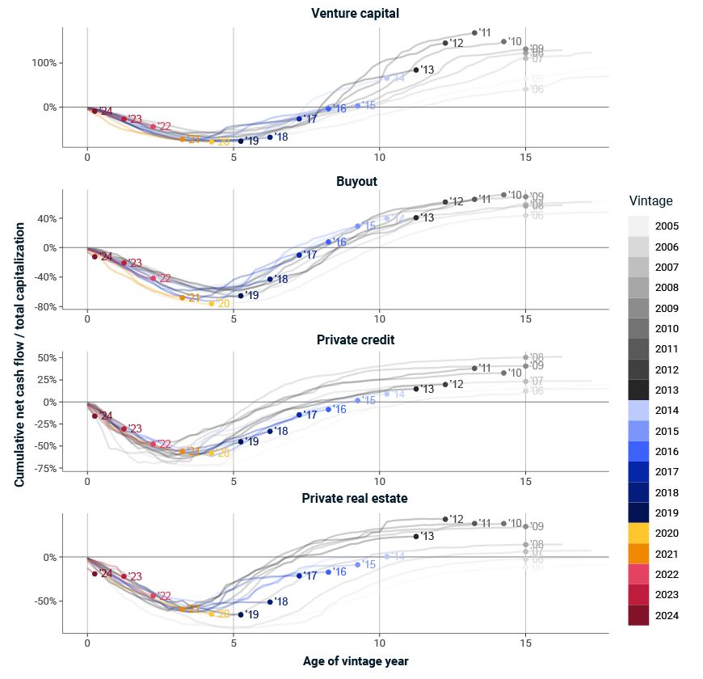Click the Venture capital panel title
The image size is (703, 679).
click(356, 13)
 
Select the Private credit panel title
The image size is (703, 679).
click(356, 339)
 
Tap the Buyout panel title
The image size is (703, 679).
click(356, 181)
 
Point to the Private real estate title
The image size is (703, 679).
click(355, 498)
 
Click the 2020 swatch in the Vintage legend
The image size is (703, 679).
click(639, 533)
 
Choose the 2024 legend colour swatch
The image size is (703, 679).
click(639, 616)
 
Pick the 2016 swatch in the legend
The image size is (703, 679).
click(639, 450)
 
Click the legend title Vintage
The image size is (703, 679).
click(650, 201)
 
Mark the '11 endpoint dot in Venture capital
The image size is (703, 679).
click(474, 33)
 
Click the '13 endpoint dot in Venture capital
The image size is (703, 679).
click(416, 70)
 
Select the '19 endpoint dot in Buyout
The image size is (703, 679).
click(241, 296)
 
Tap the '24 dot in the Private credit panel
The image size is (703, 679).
click(95, 416)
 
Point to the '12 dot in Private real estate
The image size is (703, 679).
click(445, 519)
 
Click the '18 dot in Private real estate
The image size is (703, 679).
click(270, 602)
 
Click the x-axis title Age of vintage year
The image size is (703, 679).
click(356, 661)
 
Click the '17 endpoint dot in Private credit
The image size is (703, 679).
click(300, 415)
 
